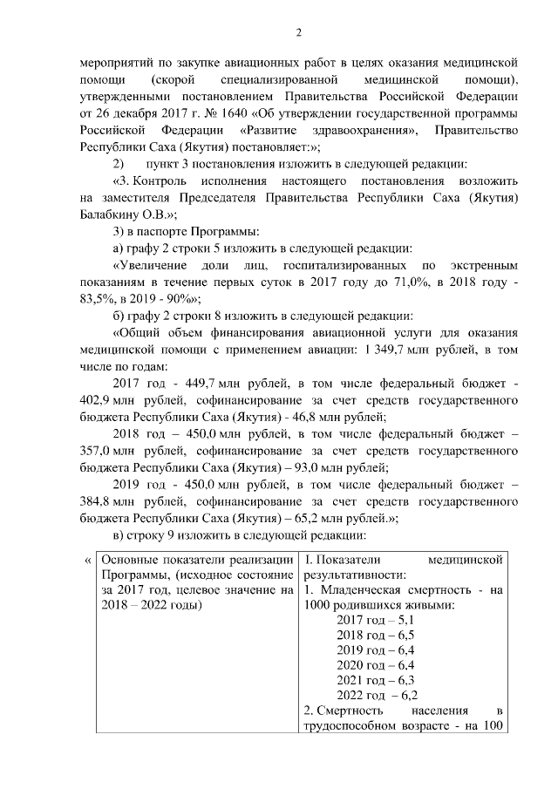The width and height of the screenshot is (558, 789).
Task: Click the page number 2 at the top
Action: [298, 33]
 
